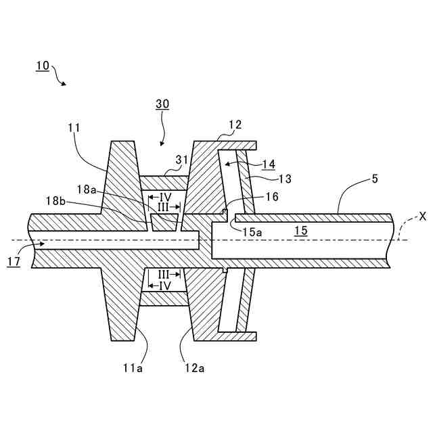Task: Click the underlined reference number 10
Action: point(42,66)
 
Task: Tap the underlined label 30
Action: point(162,104)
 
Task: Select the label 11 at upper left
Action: point(74,127)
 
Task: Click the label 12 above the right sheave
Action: point(235,124)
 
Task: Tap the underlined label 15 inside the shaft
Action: point(300,231)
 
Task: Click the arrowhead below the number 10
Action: point(64,84)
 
